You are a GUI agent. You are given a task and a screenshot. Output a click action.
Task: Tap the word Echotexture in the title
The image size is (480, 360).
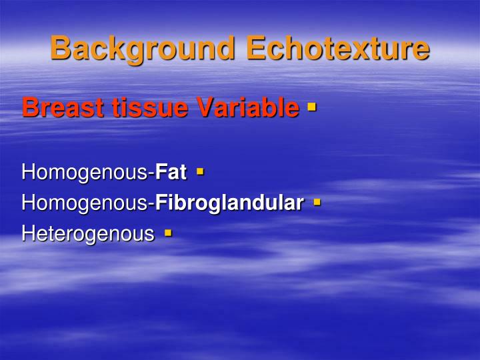pyautogui.click(x=337, y=48)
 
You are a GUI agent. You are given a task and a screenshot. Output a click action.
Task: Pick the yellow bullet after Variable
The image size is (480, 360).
pyautogui.click(x=311, y=105)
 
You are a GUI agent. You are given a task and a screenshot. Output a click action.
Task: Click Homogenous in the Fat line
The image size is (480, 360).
pyautogui.click(x=86, y=173)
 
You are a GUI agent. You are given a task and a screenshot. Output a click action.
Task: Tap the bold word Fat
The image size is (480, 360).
pyautogui.click(x=171, y=173)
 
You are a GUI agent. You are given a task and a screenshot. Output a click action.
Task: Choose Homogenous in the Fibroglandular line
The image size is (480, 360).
pyautogui.click(x=86, y=203)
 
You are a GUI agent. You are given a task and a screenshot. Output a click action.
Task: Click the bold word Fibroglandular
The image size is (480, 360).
pyautogui.click(x=229, y=203)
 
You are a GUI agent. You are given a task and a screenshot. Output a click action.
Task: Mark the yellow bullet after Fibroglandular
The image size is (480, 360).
pyautogui.click(x=317, y=201)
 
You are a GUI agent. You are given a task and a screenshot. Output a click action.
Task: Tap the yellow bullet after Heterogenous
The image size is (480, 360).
pyautogui.click(x=167, y=233)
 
